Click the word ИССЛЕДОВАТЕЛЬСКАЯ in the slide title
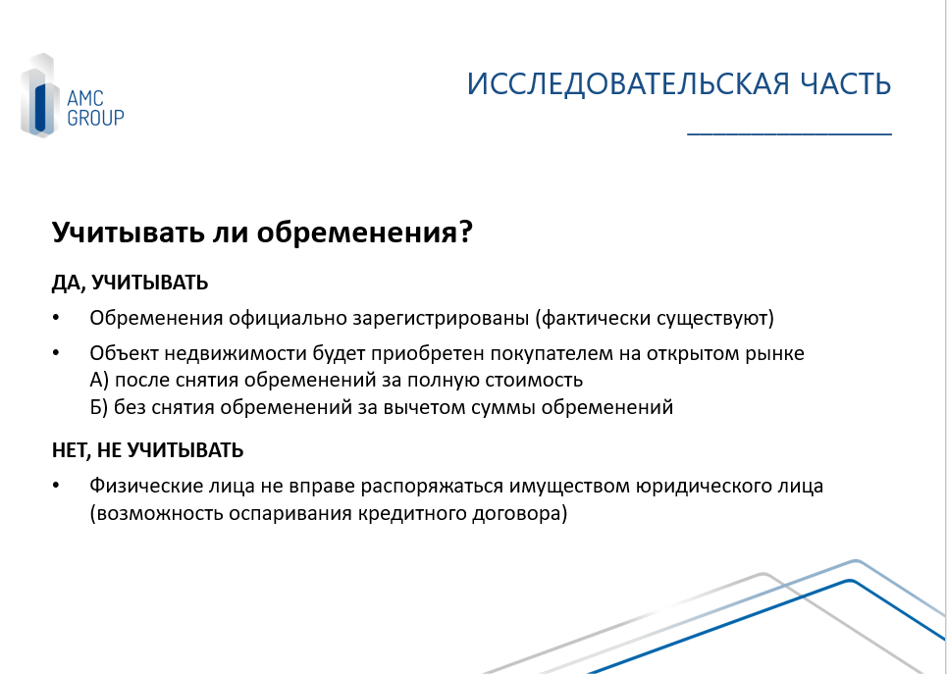click(x=627, y=84)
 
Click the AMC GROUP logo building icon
click(x=40, y=95)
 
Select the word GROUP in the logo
click(x=95, y=118)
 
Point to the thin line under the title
click(x=789, y=134)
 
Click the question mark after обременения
click(x=465, y=232)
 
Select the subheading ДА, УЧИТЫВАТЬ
click(x=130, y=283)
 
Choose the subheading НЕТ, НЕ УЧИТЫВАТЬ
click(x=147, y=450)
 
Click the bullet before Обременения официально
click(x=56, y=318)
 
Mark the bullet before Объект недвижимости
click(x=56, y=353)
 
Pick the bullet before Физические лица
click(x=56, y=486)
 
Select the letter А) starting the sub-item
click(x=100, y=380)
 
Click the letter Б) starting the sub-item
click(x=99, y=407)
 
